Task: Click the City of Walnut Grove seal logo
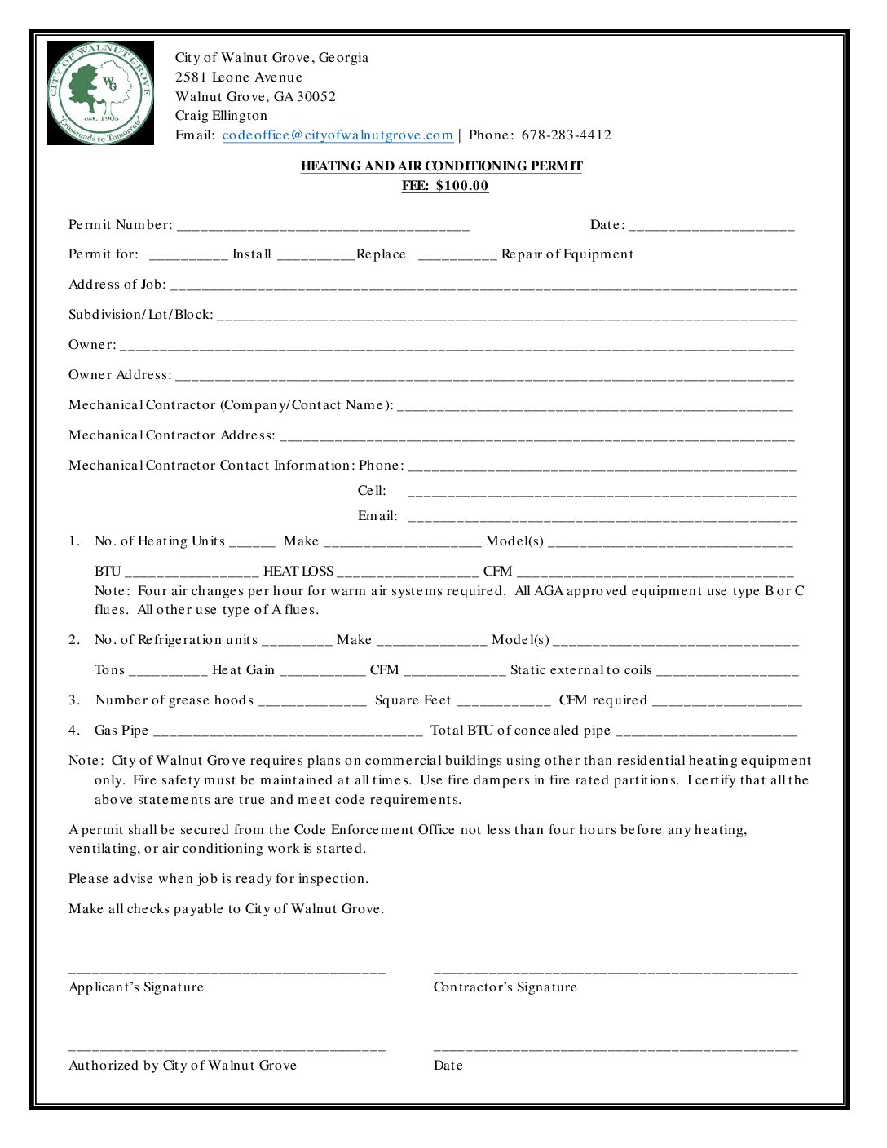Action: [x=100, y=93]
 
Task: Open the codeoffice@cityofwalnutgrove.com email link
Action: [x=338, y=135]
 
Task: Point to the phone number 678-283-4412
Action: [x=566, y=135]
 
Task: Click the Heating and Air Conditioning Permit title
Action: [x=441, y=166]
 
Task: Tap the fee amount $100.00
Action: [x=461, y=186]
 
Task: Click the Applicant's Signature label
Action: [x=136, y=987]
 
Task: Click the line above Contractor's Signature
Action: [x=616, y=971]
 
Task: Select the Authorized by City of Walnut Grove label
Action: [x=183, y=1066]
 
